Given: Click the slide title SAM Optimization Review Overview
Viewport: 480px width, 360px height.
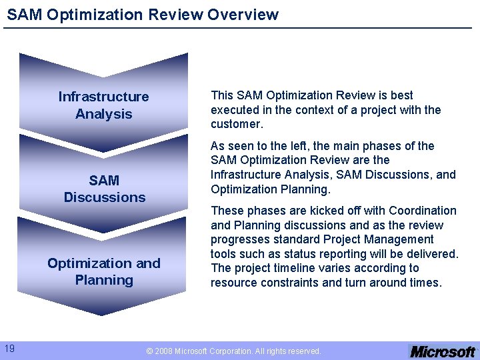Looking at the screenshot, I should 143,15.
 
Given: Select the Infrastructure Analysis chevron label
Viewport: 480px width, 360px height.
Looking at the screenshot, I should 103,105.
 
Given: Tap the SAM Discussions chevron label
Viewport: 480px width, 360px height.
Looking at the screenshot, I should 104,189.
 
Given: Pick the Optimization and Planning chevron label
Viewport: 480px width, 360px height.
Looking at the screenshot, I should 104,271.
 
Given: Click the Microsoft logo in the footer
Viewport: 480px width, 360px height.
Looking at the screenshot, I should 442,351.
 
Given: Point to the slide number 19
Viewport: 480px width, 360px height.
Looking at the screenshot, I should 10,348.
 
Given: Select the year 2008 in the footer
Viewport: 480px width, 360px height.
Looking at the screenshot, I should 165,351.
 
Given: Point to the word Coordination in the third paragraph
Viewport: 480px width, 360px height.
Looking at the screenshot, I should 424,211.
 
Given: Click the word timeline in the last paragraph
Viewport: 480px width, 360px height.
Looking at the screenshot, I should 316,268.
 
